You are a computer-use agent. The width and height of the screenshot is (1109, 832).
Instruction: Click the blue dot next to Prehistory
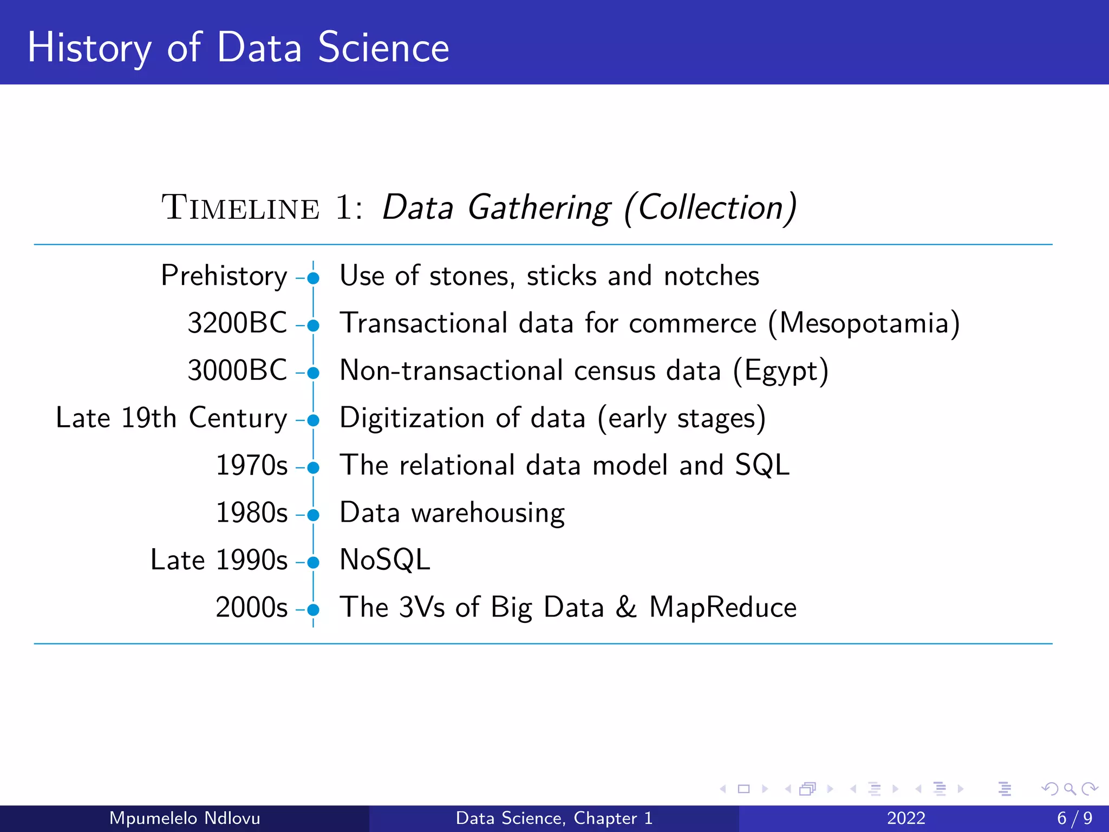[313, 278]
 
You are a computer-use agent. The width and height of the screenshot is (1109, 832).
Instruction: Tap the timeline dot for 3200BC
[313, 326]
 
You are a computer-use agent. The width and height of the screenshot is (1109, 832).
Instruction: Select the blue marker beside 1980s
[313, 515]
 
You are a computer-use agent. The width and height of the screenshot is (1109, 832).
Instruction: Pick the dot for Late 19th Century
[313, 420]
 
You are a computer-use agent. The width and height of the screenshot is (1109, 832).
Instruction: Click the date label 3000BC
[237, 370]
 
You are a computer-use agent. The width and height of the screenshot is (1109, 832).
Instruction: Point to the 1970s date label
[251, 465]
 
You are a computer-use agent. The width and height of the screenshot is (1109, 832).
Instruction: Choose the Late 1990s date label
[219, 560]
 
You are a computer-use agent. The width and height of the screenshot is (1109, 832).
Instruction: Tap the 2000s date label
[251, 607]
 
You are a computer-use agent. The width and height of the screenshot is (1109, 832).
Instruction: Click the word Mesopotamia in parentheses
[864, 323]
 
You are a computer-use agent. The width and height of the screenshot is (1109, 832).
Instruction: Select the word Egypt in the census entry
[780, 372]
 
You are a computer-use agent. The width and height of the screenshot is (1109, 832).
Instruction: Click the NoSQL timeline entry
[384, 560]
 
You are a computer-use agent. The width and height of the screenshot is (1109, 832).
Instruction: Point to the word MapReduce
[723, 607]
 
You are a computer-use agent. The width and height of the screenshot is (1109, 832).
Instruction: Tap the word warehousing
[488, 513]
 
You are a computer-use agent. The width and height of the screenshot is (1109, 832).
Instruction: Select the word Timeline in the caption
[240, 208]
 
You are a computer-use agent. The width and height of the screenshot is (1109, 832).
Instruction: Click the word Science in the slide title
[383, 48]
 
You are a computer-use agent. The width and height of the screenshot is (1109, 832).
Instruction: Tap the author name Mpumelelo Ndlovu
[185, 818]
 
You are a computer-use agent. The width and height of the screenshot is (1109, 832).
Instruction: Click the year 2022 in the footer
[906, 818]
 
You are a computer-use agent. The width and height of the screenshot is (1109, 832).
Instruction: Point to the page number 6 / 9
[1075, 818]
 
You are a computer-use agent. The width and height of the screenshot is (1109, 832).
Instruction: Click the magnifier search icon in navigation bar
[1069, 789]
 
